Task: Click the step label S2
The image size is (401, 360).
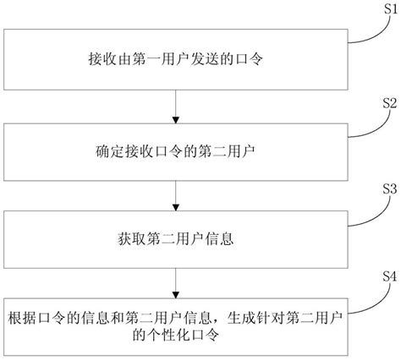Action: [389, 102]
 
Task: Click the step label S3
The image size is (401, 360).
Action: [389, 191]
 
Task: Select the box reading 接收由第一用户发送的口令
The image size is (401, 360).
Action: [175, 58]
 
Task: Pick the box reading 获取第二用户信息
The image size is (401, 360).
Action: [175, 240]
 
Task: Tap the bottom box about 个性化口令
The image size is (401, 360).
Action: [175, 325]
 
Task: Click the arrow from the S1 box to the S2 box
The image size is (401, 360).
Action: [175, 104]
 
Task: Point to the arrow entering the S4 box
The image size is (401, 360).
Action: [175, 280]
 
